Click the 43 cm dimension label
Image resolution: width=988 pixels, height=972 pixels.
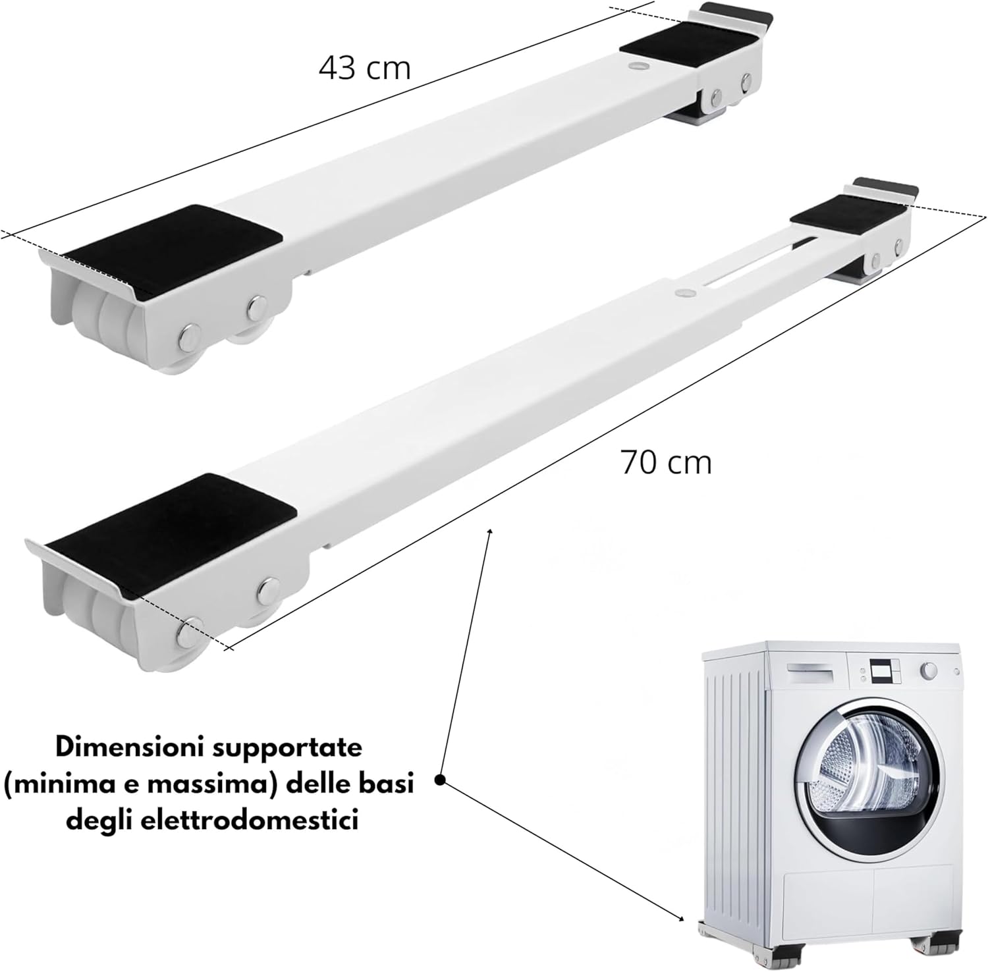point(365,67)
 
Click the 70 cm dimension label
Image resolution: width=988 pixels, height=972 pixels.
point(666,462)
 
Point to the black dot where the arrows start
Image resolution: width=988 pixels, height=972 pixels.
point(441,780)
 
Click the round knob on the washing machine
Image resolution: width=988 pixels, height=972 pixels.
point(929,670)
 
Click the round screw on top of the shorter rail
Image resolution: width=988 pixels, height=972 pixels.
point(637,67)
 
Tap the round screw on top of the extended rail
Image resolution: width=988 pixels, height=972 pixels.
point(685,290)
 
